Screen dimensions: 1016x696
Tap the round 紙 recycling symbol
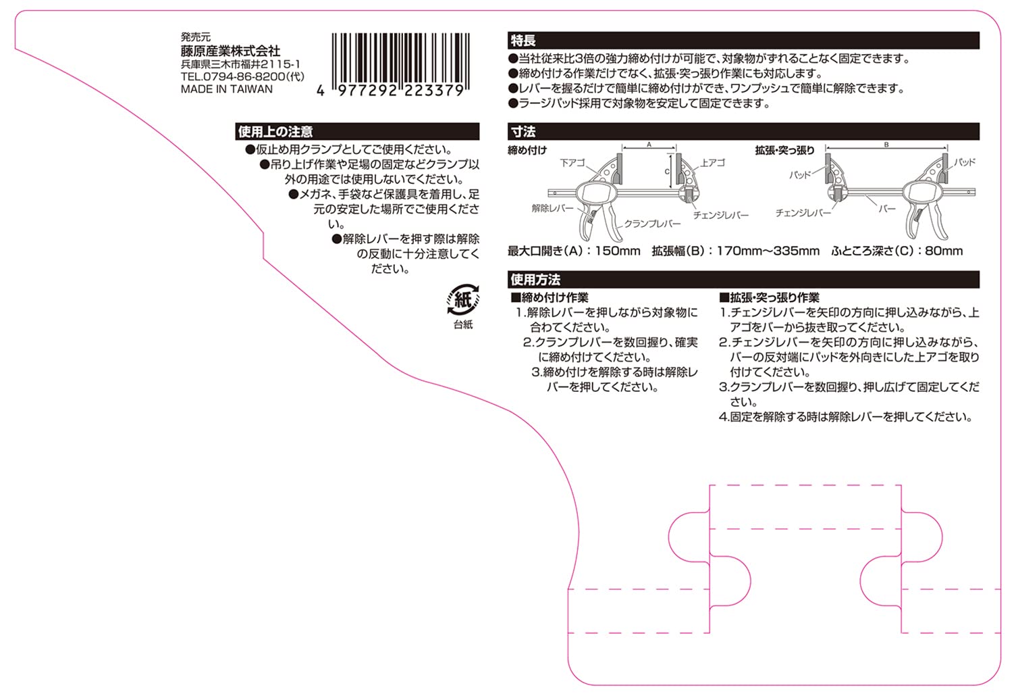tap(463, 299)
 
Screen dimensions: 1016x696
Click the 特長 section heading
tap(523, 41)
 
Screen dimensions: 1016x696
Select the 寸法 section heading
tap(523, 132)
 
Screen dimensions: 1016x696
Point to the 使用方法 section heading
tap(535, 279)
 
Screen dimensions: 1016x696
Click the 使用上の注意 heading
tap(275, 132)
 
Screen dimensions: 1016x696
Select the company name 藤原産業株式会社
tap(230, 51)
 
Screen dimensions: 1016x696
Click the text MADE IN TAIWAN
tap(227, 89)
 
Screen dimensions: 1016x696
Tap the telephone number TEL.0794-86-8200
tap(242, 76)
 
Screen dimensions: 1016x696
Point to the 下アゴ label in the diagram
tap(572, 163)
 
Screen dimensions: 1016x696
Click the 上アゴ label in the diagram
tap(713, 163)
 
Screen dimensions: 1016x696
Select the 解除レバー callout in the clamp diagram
tap(552, 208)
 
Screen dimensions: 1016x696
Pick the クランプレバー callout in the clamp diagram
tap(652, 224)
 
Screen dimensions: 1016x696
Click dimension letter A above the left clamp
tap(649, 145)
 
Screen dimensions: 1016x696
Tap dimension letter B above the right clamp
tap(886, 145)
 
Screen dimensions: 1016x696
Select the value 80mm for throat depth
tap(944, 251)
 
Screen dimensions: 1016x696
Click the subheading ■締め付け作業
tap(550, 297)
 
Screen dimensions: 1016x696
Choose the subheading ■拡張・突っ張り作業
tap(770, 297)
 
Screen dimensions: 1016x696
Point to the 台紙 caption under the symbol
tap(463, 325)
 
